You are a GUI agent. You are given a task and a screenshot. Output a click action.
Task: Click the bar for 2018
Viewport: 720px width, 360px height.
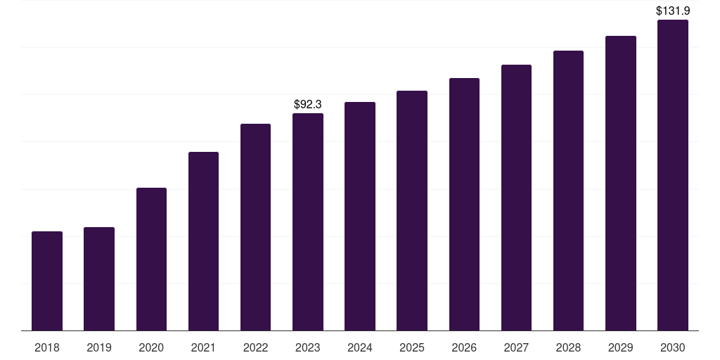coord(47,281)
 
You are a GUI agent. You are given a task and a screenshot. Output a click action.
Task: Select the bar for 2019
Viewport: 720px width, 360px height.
coord(99,279)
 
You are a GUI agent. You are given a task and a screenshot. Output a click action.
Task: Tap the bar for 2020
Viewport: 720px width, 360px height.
coord(151,259)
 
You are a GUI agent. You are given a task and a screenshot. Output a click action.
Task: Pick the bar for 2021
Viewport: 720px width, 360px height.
coord(203,241)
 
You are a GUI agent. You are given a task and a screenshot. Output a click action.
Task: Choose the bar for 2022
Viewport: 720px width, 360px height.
coord(255,227)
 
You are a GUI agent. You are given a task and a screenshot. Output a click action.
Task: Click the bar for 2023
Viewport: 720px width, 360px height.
coord(308,222)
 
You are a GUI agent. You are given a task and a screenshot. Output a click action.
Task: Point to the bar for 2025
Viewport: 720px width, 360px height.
coord(412,211)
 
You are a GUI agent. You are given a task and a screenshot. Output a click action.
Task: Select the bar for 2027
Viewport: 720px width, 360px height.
coord(516,198)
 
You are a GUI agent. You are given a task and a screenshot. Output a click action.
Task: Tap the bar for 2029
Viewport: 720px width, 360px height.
coord(621,184)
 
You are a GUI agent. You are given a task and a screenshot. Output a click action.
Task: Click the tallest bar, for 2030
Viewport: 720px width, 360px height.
coord(673,175)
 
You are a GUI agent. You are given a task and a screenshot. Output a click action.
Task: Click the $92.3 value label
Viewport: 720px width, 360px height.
coord(308,105)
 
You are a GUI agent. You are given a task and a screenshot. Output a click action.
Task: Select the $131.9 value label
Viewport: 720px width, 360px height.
coord(673,11)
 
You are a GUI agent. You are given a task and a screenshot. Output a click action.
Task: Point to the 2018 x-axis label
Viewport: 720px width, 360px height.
coord(47,348)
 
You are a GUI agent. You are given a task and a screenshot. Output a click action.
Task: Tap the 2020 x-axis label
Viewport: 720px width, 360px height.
coord(151,348)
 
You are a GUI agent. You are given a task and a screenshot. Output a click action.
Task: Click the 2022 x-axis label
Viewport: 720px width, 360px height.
coord(255,348)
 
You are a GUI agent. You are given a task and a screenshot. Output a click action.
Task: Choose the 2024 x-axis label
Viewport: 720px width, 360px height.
coord(360,348)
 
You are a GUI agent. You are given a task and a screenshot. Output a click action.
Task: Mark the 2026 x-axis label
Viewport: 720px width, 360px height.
coord(464,348)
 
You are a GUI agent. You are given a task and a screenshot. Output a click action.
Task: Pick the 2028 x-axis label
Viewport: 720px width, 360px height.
coord(568,348)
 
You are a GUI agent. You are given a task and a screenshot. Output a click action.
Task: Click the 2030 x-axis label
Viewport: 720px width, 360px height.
coord(673,348)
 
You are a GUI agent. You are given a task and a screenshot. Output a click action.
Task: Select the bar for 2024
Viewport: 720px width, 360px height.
coord(360,217)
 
